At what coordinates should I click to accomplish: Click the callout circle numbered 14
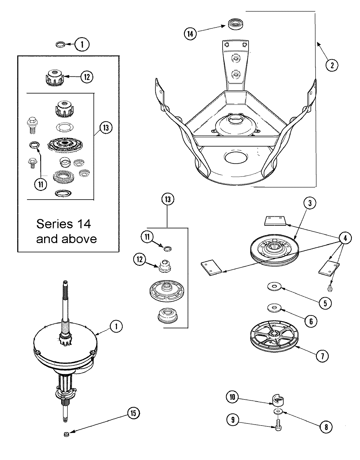tap(190, 34)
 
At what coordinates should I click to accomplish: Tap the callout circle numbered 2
tap(332, 65)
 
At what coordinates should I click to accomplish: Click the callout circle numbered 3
tap(310, 203)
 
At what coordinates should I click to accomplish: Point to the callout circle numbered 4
tap(345, 238)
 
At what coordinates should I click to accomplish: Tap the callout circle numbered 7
tap(322, 356)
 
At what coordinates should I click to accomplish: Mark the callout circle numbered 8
tap(326, 427)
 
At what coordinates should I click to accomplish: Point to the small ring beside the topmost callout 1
tap(60, 45)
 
